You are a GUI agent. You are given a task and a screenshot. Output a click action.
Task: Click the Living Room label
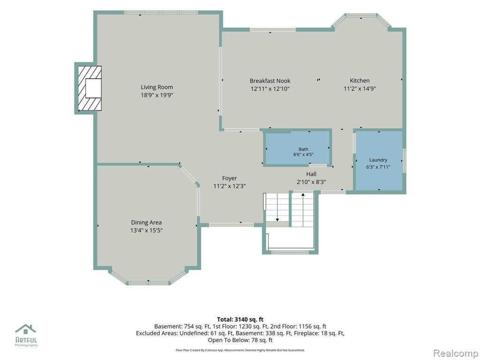coord(157,87)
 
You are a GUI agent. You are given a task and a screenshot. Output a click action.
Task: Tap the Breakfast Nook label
coord(270,81)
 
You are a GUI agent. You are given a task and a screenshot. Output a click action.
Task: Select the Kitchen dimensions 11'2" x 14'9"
coord(360,89)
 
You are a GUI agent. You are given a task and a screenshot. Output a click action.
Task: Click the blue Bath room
coord(297,148)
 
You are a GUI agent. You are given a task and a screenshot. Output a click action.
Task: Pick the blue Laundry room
coord(379,161)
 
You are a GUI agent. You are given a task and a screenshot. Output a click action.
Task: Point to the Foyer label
coord(230,178)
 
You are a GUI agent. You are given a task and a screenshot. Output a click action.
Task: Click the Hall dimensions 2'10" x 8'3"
coord(311,182)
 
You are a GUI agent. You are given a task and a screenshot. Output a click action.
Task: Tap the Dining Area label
coord(146,223)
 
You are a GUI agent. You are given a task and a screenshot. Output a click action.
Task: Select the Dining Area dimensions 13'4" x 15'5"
coord(146,230)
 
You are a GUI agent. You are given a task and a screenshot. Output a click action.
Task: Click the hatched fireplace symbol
coord(89,89)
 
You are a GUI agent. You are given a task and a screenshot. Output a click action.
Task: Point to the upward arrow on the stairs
coord(303,210)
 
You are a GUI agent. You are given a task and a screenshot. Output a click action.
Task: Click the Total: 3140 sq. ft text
coord(240,320)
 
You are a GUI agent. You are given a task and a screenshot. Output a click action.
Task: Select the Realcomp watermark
coord(456,353)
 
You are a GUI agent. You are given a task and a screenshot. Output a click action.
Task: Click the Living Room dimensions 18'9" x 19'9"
coord(157,95)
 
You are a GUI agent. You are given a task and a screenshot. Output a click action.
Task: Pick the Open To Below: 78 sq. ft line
coord(240,340)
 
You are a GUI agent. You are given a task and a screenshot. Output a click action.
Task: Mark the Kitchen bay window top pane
coord(361,15)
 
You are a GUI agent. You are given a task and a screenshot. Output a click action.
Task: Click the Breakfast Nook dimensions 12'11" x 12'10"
coord(270,89)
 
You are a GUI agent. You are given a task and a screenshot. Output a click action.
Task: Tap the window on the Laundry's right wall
coord(404,161)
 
